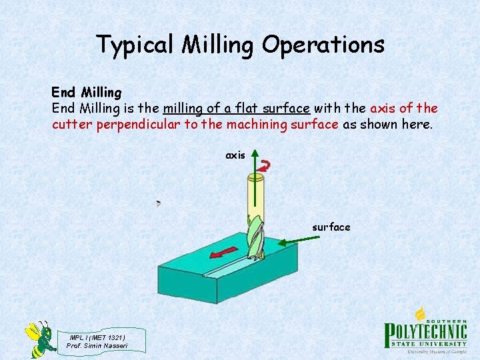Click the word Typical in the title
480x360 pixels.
click(x=137, y=45)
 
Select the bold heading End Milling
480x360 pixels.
click(x=87, y=93)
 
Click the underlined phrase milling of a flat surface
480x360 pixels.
click(x=236, y=108)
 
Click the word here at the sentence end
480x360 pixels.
click(x=416, y=124)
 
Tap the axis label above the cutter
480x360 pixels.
click(x=235, y=155)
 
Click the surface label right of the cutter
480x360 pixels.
click(x=331, y=227)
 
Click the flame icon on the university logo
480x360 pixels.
click(x=420, y=313)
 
